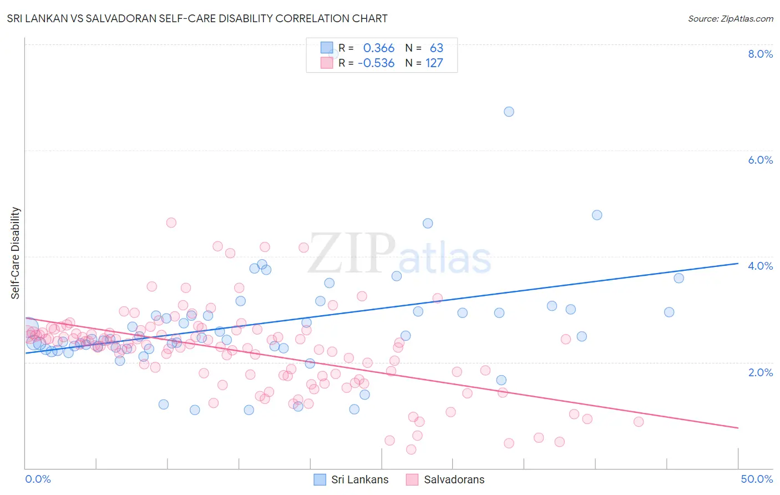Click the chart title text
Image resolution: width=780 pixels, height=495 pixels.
tap(197, 18)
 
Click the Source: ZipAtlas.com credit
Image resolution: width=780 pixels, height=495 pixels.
tap(730, 18)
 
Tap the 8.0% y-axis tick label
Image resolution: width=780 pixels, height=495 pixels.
tap(760, 54)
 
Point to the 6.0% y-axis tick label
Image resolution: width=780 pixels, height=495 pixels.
tap(760, 160)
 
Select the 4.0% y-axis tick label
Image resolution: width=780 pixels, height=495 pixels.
tap(760, 266)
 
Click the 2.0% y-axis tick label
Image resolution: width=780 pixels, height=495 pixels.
tap(760, 372)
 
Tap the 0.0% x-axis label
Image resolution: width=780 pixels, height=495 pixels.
tap(38, 479)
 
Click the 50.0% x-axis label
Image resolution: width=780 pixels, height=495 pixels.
tap(757, 479)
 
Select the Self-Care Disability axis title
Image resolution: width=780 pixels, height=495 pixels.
tap(16, 253)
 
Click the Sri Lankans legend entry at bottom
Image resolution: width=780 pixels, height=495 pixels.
tap(351, 479)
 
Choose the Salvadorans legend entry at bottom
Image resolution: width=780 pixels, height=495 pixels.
tap(445, 479)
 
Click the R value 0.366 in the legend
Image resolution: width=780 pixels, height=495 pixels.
tap(378, 48)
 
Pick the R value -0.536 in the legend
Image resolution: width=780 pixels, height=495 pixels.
tap(376, 63)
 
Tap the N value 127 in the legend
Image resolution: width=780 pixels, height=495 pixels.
tap(434, 63)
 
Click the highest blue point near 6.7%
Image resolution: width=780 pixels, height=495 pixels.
tap(509, 112)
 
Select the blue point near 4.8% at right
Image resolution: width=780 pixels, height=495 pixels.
tap(597, 215)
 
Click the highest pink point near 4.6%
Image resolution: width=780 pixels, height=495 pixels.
tap(171, 223)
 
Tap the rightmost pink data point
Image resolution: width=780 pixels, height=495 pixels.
tap(639, 422)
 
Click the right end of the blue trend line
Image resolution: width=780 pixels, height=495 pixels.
tap(738, 264)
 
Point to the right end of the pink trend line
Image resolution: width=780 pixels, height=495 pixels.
tap(738, 428)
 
